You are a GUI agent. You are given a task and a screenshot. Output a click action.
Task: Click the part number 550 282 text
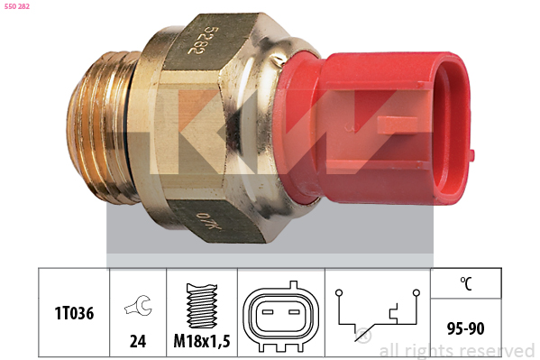click(x=17, y=6)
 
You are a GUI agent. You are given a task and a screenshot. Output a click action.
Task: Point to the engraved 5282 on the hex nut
click(x=198, y=41)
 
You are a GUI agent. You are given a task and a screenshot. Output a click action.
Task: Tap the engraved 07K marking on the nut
click(x=208, y=222)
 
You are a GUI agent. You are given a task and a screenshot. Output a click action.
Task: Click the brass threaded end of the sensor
click(x=100, y=127)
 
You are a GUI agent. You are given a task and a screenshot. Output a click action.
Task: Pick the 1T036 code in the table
click(x=74, y=313)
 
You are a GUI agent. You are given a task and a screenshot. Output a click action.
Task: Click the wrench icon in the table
click(x=138, y=305)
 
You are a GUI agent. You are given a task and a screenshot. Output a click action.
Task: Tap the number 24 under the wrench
click(x=138, y=341)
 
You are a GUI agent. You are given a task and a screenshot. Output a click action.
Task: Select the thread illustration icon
click(x=202, y=306)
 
